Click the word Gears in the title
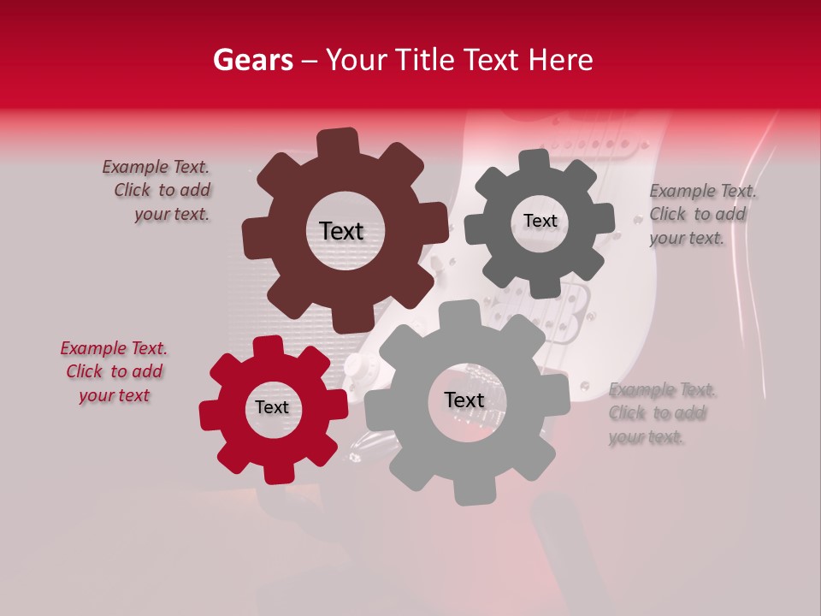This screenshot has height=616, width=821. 252,60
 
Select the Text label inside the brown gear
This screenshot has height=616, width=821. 341,231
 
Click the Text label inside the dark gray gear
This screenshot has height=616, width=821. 540,221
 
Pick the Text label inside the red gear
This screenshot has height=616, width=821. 272,407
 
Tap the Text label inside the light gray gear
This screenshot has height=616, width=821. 464,400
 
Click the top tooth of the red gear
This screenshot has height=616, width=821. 268,346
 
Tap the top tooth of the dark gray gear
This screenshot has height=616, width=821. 535,162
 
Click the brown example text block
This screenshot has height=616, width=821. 158,191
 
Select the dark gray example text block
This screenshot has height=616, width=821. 701,214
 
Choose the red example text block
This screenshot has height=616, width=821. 114,371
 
